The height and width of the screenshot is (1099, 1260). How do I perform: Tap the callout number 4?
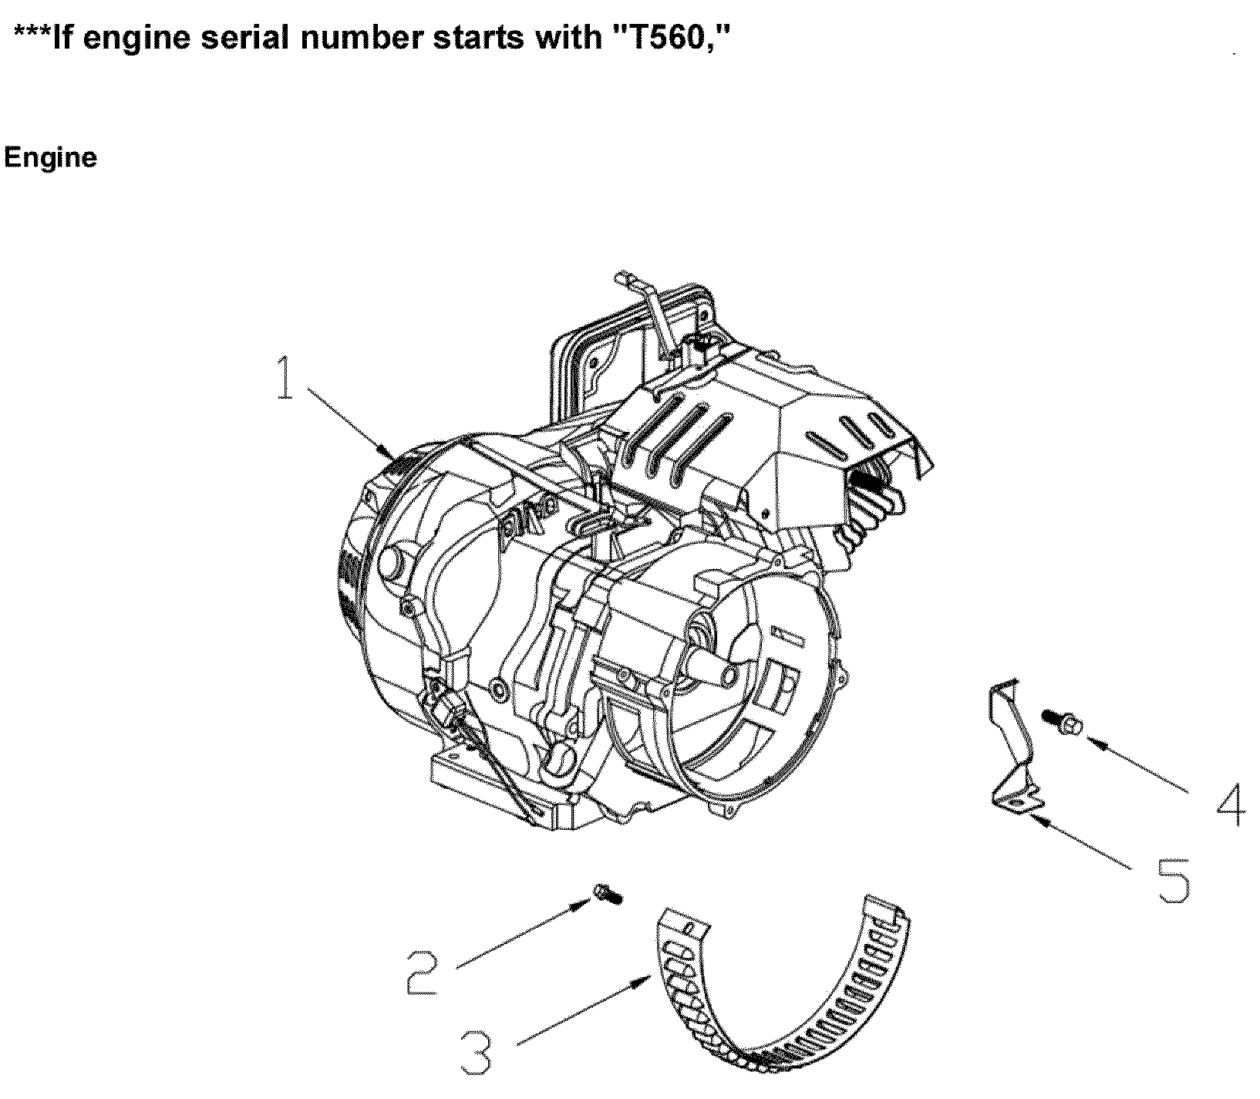click(1229, 805)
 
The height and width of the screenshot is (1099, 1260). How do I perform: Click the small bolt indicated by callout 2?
click(608, 895)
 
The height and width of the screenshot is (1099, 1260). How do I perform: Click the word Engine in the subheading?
click(50, 158)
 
